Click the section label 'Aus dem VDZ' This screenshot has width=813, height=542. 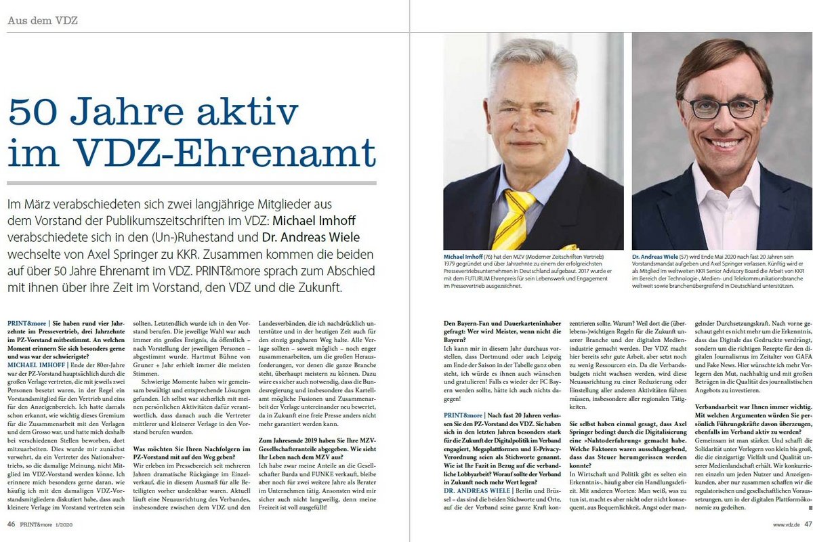pyautogui.click(x=42, y=20)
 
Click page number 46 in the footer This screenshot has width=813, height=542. pyautogui.click(x=12, y=523)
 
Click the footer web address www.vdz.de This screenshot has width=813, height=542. pyautogui.click(x=786, y=523)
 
